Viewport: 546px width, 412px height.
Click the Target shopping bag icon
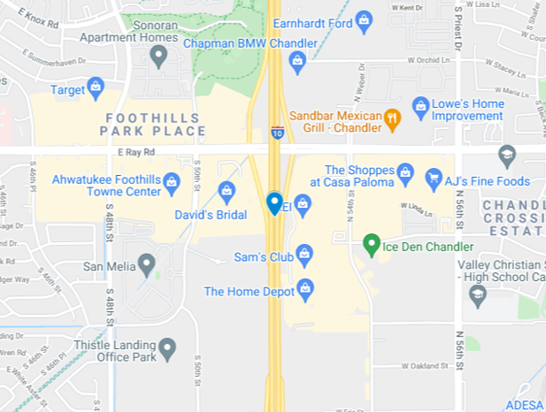[96, 88]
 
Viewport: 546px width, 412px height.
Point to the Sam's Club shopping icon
[304, 255]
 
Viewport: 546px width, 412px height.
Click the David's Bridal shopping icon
[227, 190]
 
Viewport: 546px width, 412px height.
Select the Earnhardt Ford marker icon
[364, 21]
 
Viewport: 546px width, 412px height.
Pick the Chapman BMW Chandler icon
[297, 60]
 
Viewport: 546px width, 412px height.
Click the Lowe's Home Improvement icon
[420, 105]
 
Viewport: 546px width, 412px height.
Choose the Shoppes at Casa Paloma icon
[405, 172]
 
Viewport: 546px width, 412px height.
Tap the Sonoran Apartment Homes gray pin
[158, 57]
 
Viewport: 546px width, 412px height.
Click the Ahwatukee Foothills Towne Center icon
[172, 181]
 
